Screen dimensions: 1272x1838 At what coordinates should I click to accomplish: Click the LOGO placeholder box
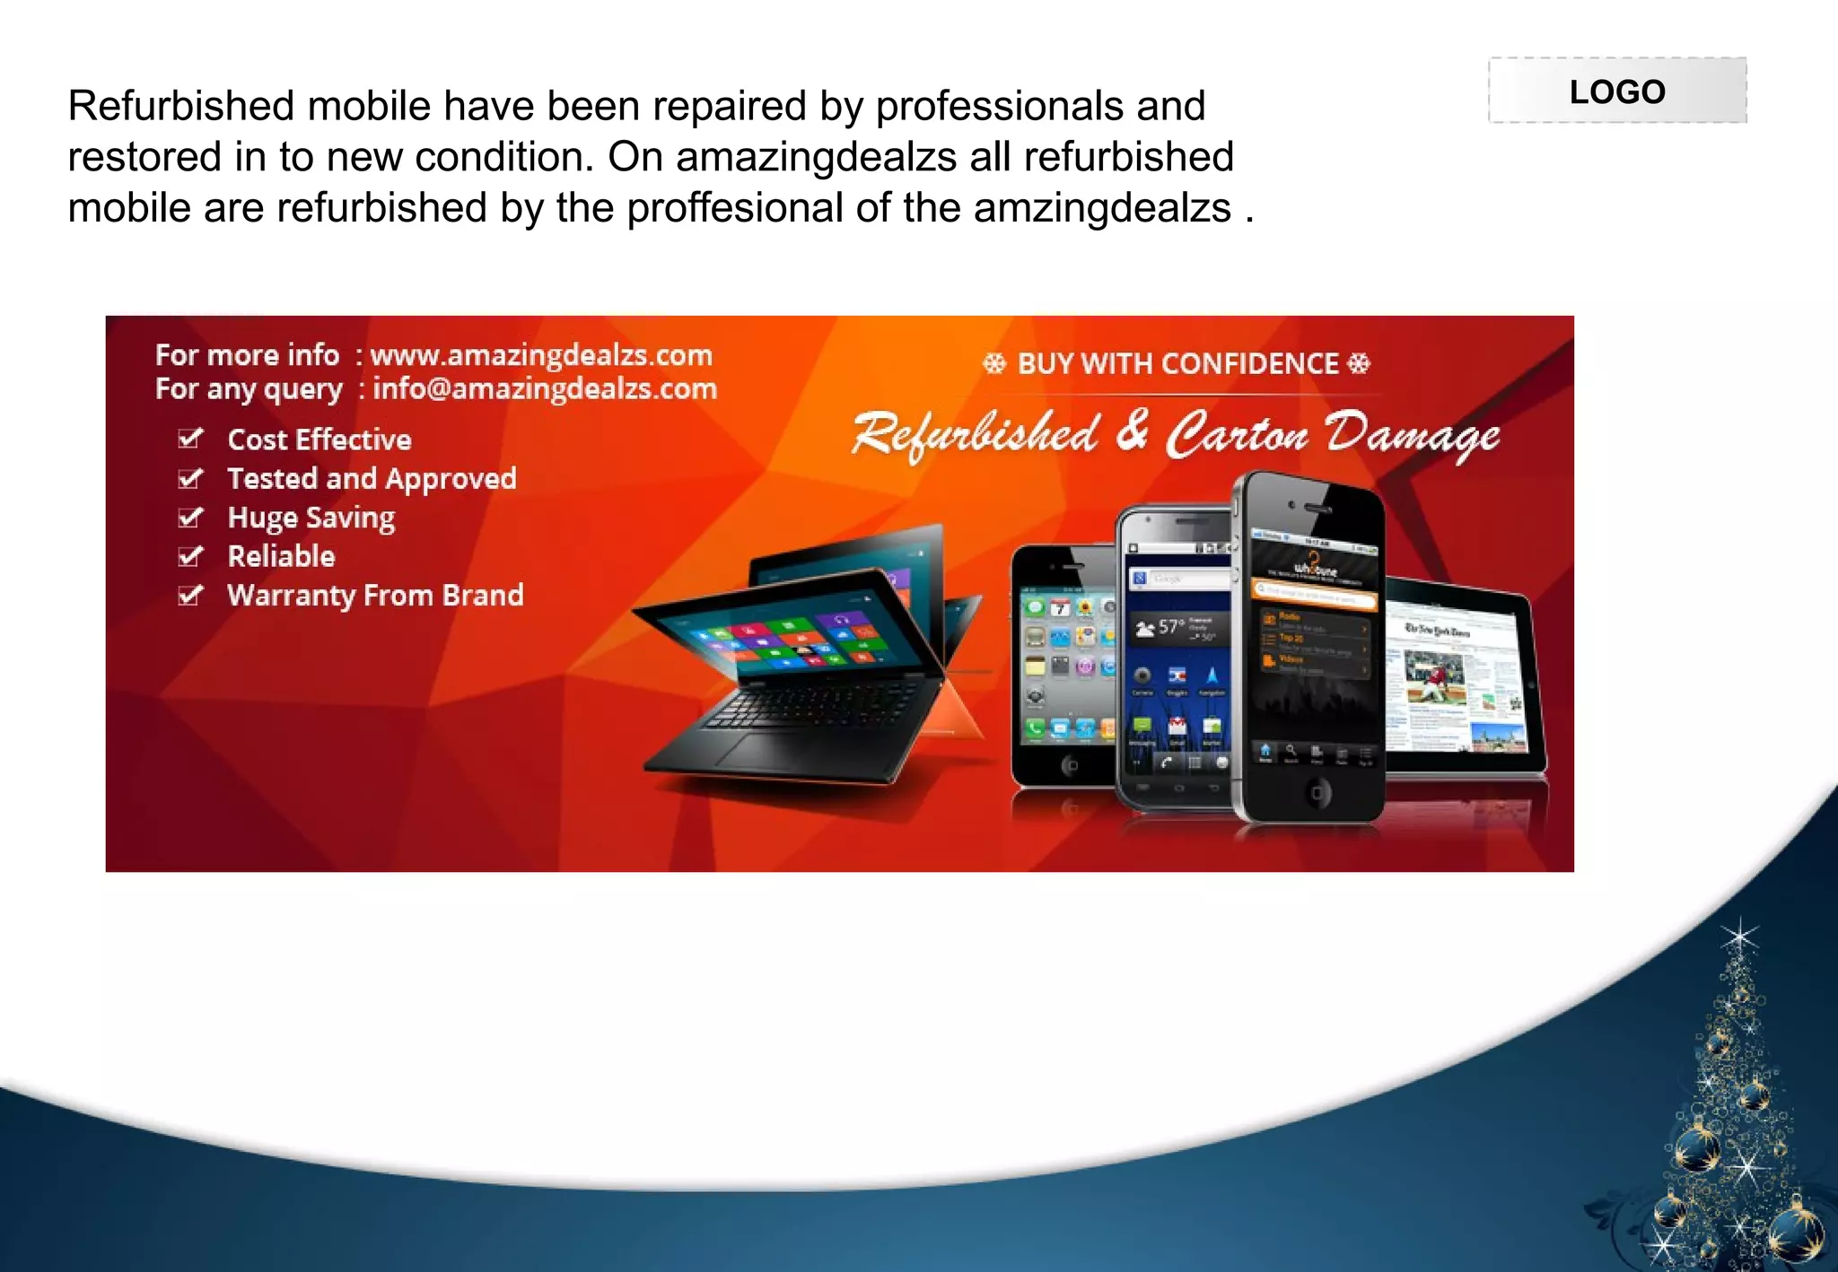1617,91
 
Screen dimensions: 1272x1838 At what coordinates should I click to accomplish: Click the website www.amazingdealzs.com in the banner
541,355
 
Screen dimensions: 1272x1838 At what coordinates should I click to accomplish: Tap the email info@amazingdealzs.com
545,389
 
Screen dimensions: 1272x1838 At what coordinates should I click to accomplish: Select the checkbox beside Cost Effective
190,439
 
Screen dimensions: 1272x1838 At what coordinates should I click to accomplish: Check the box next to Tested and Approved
190,478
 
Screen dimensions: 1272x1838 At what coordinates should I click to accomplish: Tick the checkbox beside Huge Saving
190,518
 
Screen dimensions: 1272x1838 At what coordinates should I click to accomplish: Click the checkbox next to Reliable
190,556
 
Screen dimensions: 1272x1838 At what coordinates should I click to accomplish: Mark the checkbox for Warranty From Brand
190,595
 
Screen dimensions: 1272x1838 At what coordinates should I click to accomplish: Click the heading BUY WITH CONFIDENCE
1177,363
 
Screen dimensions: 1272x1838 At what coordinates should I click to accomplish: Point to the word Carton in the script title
1237,435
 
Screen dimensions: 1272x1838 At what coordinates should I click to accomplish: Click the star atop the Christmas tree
1740,938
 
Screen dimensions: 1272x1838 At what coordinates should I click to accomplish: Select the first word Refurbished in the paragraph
181,106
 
